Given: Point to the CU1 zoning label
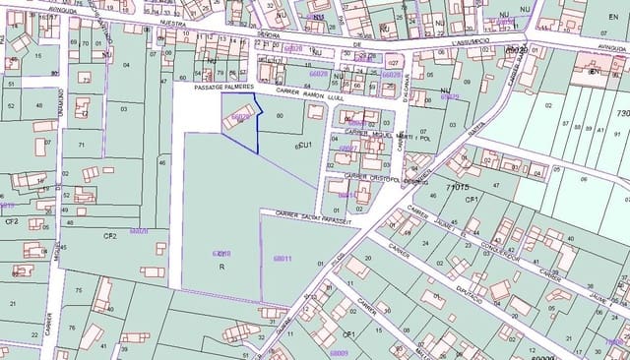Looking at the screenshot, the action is point(304,146).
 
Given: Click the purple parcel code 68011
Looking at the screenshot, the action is point(283,259).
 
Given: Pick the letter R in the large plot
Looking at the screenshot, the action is point(221,267).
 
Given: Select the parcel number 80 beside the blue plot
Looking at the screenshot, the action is point(280,116).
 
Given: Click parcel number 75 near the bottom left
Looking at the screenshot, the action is point(77,291).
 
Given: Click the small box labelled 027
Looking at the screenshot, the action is point(393,63).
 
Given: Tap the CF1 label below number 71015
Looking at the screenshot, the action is point(472,199).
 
